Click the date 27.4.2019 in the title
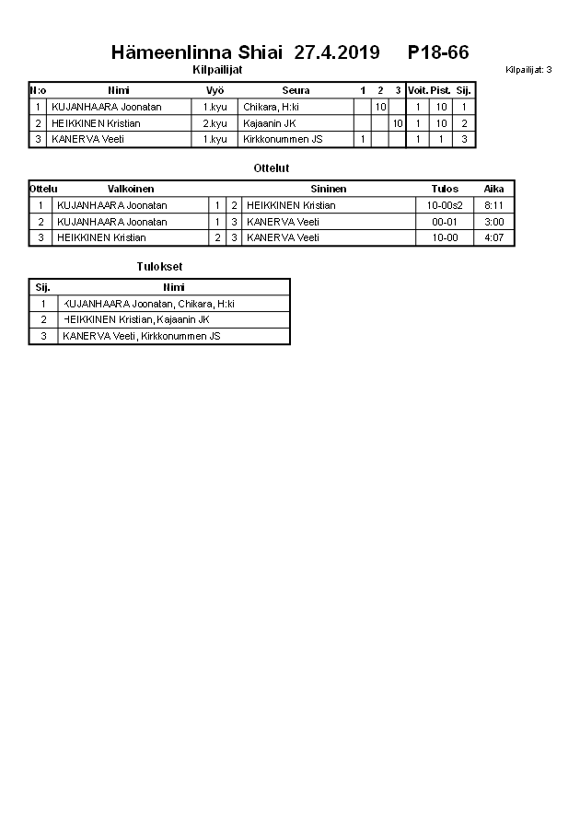click(336, 52)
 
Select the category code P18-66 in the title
click(438, 52)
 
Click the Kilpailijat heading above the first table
click(217, 70)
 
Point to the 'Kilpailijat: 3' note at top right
click(528, 70)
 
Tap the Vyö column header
click(215, 90)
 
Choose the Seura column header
click(296, 90)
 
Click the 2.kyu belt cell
click(215, 123)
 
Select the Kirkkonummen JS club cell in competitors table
click(283, 139)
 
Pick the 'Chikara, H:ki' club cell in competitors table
click(271, 107)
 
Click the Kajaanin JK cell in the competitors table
click(269, 123)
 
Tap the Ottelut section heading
click(272, 168)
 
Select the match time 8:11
click(494, 205)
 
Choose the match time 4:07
click(494, 237)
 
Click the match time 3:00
click(494, 222)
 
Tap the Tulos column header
click(445, 189)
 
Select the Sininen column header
click(329, 189)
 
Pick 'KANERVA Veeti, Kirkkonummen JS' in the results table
click(141, 336)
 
